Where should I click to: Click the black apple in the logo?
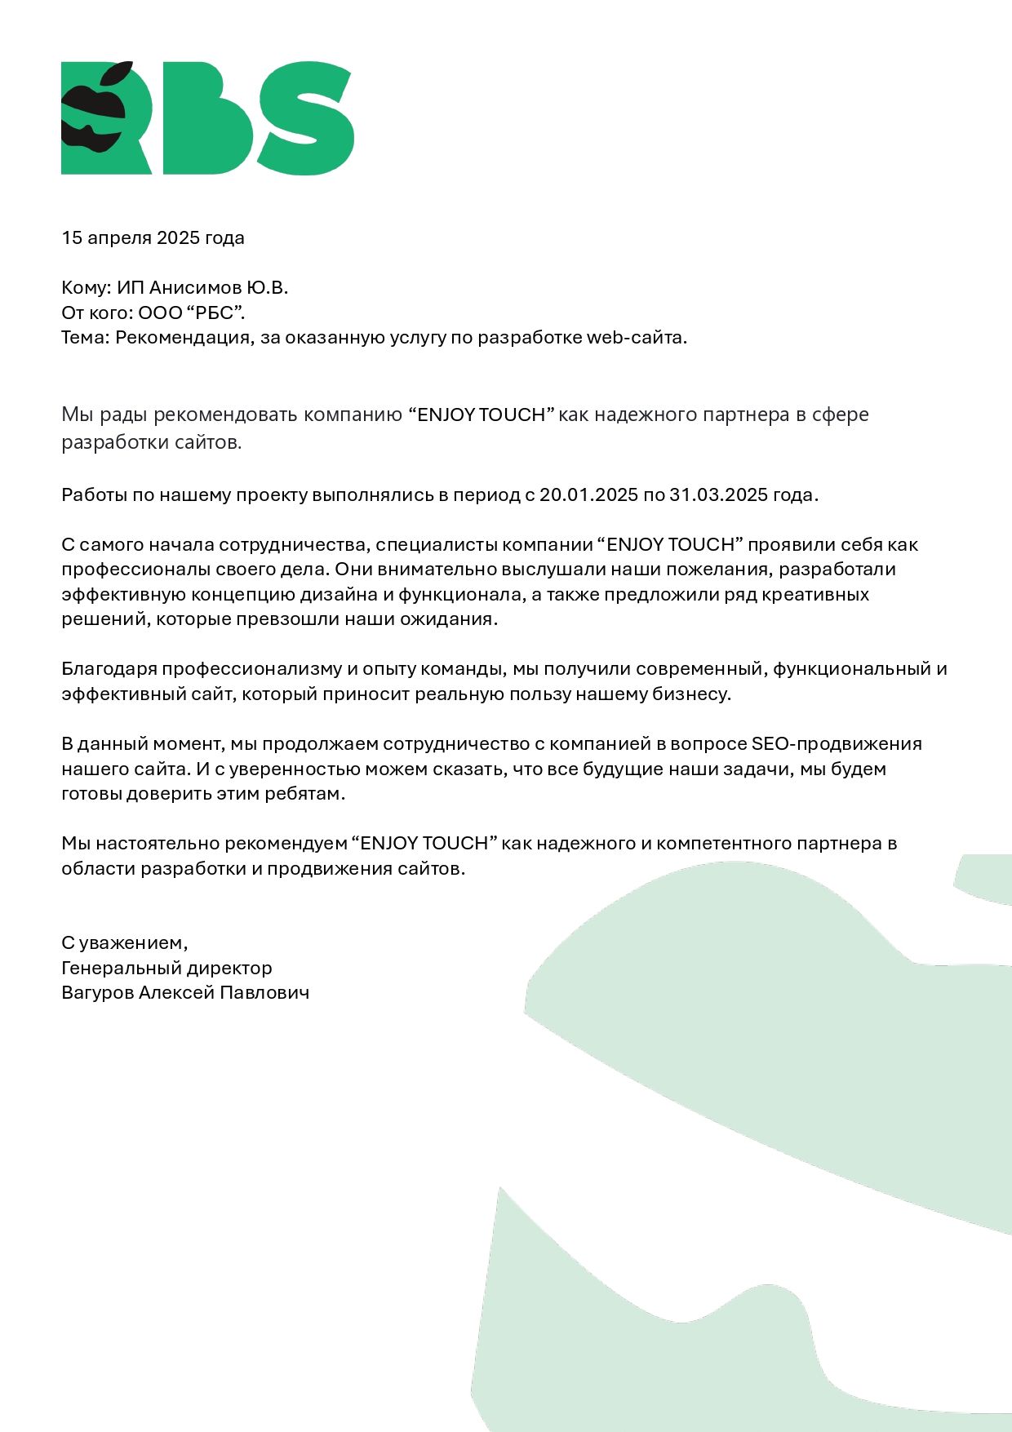[x=94, y=114]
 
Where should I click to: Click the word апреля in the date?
[x=119, y=238]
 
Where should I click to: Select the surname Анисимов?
[x=195, y=288]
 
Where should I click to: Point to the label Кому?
[x=86, y=288]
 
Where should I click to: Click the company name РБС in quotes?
[x=215, y=313]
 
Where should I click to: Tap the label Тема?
[x=85, y=338]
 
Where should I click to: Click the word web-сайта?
[x=636, y=338]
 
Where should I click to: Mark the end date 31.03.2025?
[x=718, y=495]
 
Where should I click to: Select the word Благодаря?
[x=109, y=669]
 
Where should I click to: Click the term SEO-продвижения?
[x=837, y=744]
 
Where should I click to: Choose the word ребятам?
[x=304, y=794]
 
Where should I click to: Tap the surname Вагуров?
[x=97, y=993]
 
